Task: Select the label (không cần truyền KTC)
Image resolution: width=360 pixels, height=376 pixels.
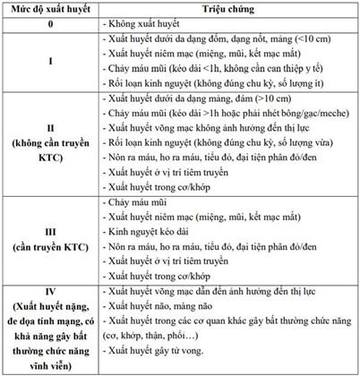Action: coord(50,155)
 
